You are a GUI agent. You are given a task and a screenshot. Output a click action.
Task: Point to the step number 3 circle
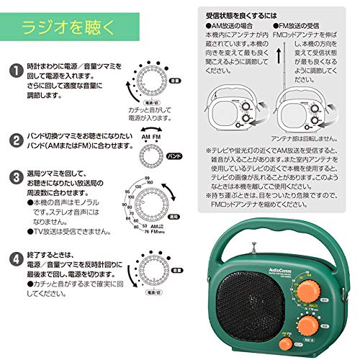(x=13, y=176)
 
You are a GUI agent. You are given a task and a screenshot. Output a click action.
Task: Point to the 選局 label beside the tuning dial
(x=174, y=216)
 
